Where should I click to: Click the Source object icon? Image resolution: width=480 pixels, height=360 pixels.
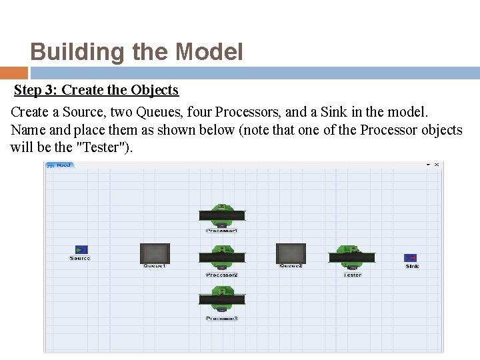click(x=81, y=249)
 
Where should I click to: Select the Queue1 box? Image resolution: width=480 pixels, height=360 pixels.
click(x=155, y=253)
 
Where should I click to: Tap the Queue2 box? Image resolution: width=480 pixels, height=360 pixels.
click(x=291, y=253)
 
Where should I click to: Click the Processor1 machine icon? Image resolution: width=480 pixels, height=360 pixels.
click(x=222, y=214)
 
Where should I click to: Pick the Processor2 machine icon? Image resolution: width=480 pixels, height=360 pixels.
click(x=222, y=257)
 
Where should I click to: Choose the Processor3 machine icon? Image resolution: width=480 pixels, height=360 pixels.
click(x=222, y=299)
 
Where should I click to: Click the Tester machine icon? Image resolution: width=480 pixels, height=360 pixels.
click(x=351, y=257)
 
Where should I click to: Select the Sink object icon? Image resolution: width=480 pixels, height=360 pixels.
click(x=411, y=257)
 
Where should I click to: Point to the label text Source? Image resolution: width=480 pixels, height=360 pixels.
click(x=80, y=259)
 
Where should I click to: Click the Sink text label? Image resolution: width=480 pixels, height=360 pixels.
click(x=413, y=267)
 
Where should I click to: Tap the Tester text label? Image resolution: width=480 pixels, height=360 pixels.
click(x=352, y=275)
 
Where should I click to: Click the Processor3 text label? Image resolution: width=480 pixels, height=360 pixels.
click(x=222, y=319)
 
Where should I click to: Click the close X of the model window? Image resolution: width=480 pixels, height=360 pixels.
click(x=437, y=165)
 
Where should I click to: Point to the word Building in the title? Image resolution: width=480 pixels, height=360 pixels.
click(x=68, y=52)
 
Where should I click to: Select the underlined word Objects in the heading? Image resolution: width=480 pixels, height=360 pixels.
click(x=155, y=90)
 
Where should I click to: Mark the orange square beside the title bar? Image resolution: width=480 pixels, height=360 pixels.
click(x=13, y=73)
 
